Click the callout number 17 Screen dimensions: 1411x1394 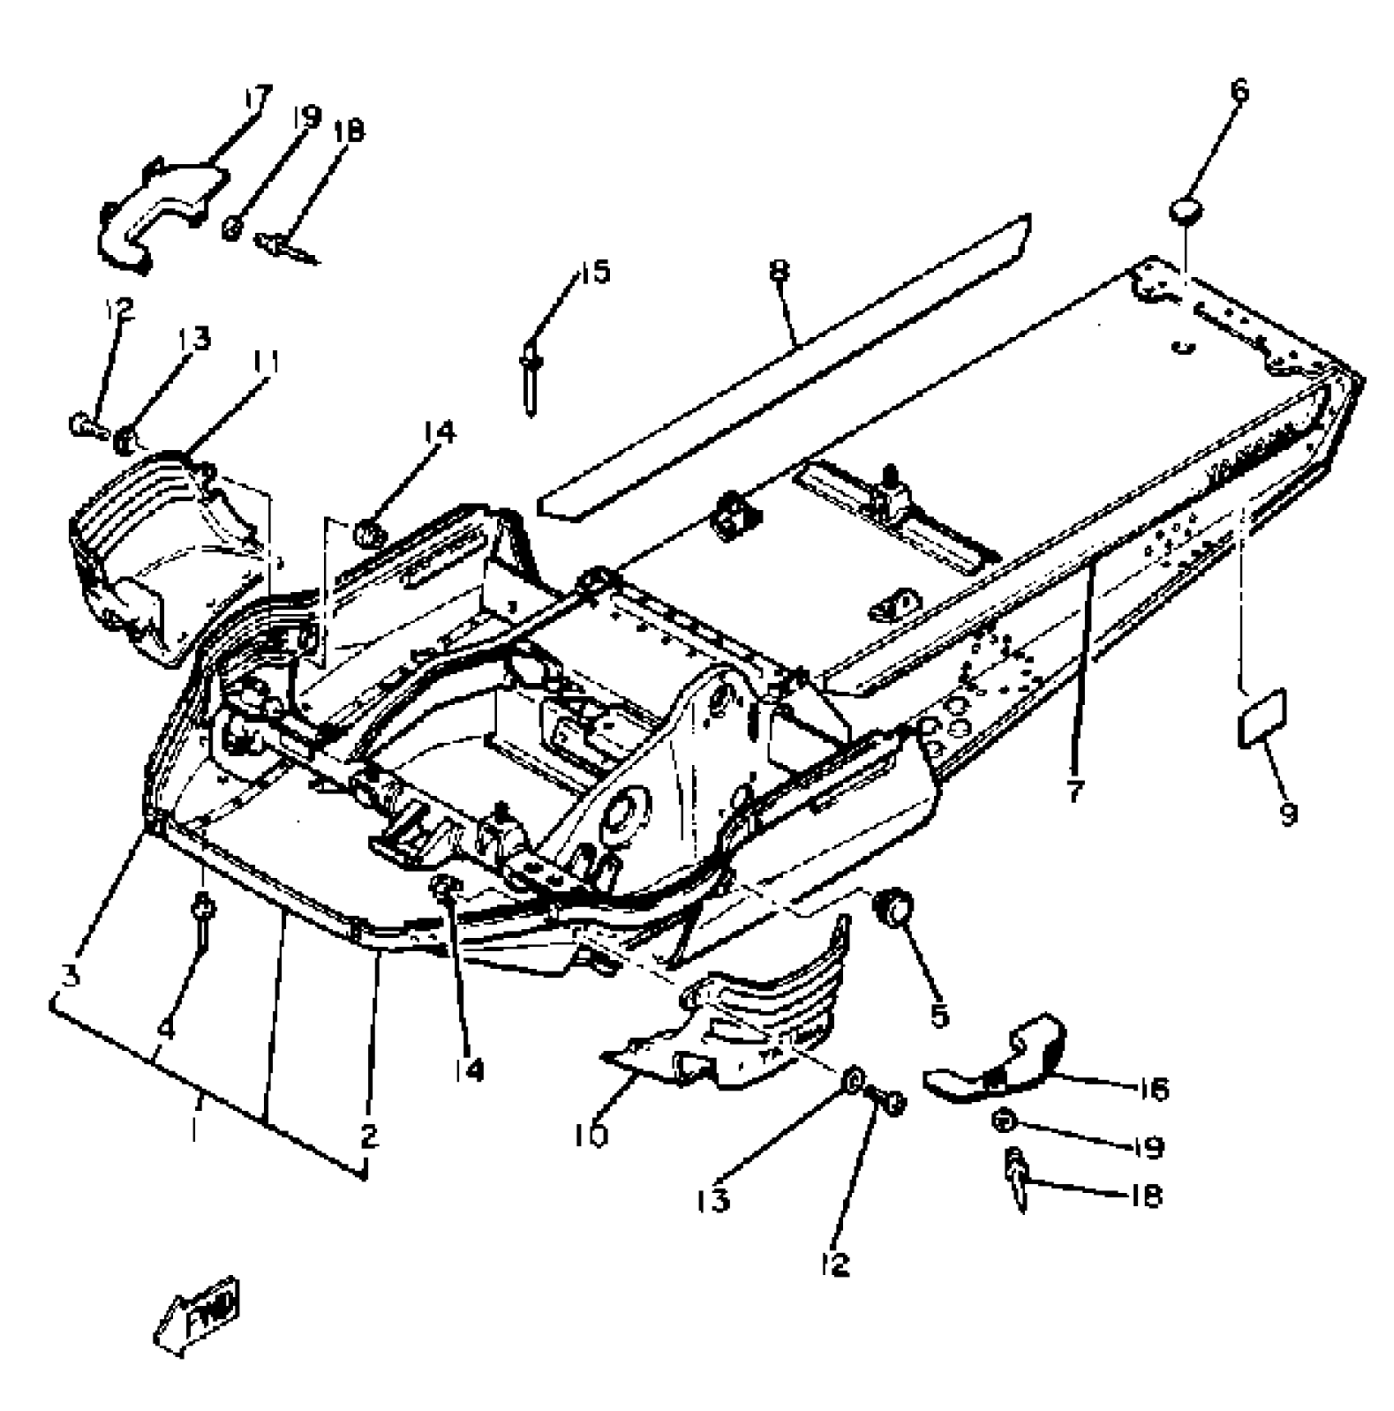[257, 98]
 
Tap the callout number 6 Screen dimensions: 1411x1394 [1239, 89]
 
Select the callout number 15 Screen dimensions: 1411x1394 [596, 271]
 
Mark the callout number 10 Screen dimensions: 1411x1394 [592, 1136]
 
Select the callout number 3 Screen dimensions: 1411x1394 [72, 974]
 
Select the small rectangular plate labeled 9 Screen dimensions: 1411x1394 [1261, 718]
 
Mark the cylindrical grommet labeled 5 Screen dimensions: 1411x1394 [894, 908]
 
